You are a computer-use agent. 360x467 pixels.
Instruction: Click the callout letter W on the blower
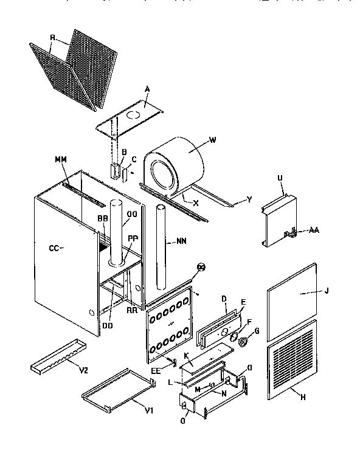coord(212,139)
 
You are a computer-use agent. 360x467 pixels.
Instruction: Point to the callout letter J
coord(327,291)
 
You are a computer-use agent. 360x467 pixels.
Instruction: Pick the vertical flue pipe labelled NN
coord(162,249)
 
